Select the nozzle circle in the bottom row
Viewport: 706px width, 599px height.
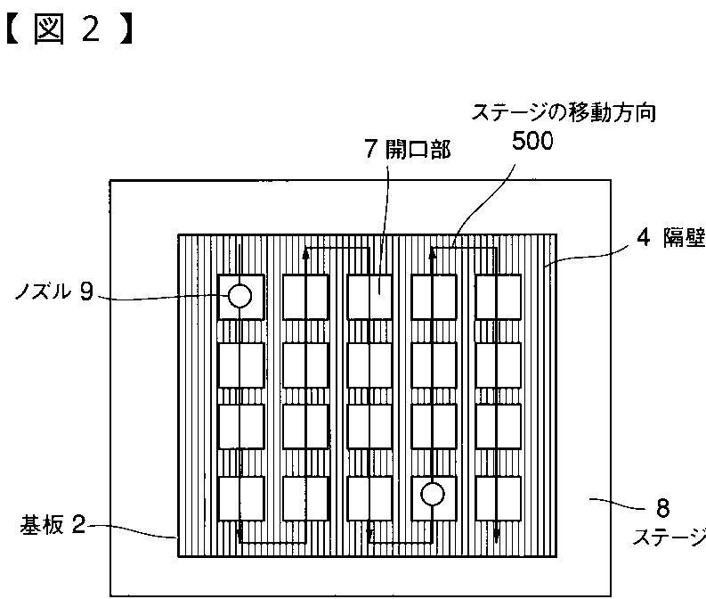[x=433, y=494]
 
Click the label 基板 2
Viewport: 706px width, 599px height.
[x=53, y=525]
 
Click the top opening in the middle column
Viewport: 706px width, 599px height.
[x=369, y=297]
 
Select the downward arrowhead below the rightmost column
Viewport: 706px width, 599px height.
[x=497, y=537]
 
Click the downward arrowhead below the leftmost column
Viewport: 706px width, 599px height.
[x=240, y=536]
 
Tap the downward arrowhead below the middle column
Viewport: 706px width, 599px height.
[x=369, y=537]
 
